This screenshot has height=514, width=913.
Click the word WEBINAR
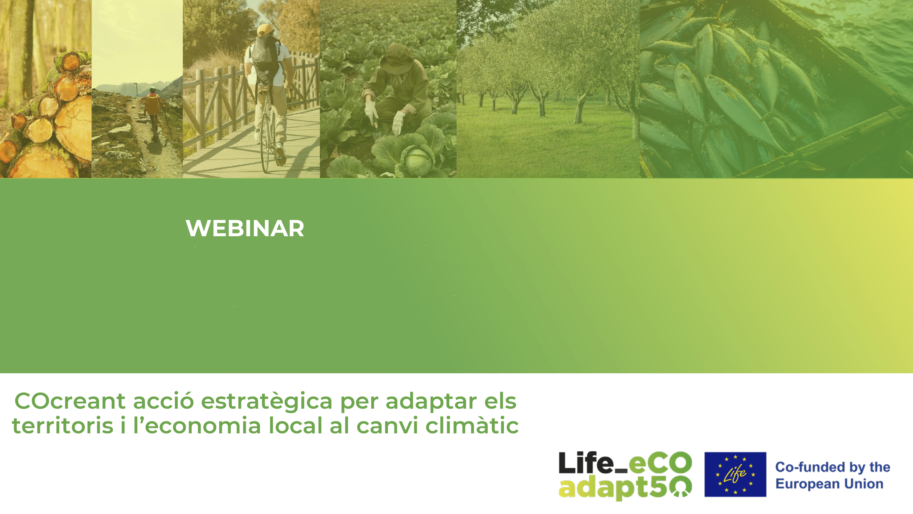tap(245, 228)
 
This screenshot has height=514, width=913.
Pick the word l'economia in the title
tap(197, 425)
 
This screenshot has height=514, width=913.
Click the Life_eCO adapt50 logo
tap(625, 475)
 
